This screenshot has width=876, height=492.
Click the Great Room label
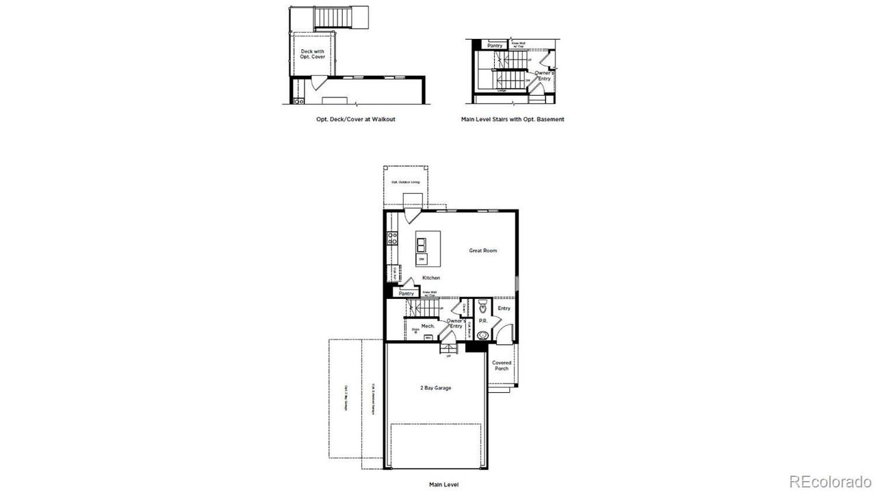click(x=482, y=250)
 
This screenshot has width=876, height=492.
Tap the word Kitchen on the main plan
click(x=430, y=278)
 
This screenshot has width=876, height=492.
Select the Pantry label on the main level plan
click(x=407, y=294)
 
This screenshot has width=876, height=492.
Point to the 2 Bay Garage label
click(x=435, y=388)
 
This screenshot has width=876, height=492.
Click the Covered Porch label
click(x=501, y=365)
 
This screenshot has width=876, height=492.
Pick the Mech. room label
click(x=428, y=326)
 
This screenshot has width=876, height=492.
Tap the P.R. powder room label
click(x=482, y=320)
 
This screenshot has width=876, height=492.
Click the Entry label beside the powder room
click(x=504, y=308)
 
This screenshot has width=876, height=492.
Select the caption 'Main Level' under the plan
click(x=444, y=484)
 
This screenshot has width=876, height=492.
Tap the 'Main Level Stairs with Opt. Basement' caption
click(x=513, y=119)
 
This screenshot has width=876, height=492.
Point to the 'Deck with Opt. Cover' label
click(x=313, y=53)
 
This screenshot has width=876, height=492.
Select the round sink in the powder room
click(x=483, y=335)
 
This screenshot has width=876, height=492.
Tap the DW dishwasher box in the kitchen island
click(x=422, y=260)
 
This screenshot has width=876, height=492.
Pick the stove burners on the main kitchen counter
click(x=393, y=238)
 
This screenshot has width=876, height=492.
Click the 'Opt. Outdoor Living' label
click(x=405, y=182)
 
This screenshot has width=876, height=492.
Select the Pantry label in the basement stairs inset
click(x=495, y=46)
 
